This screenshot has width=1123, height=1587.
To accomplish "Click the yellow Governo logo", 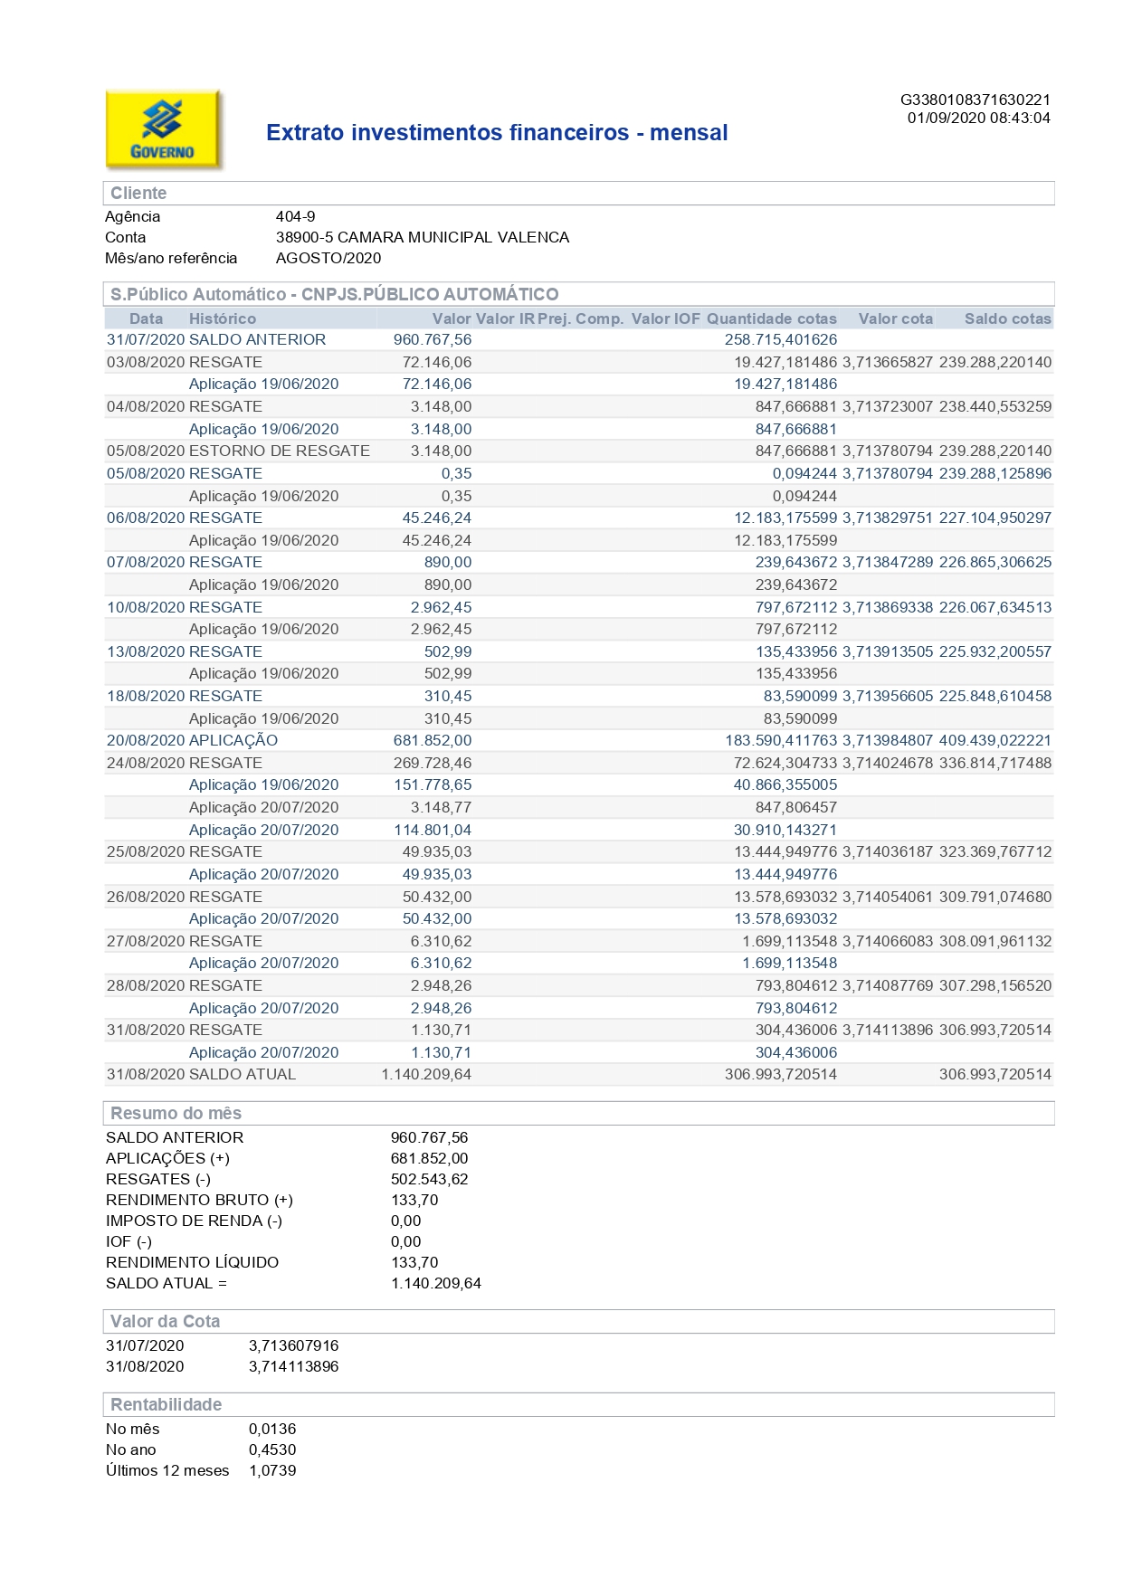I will click(163, 129).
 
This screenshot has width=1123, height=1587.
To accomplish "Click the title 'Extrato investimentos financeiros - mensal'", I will click(497, 133).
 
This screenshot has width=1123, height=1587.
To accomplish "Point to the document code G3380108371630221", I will click(975, 100).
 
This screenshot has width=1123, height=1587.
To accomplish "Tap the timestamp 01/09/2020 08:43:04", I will click(978, 118).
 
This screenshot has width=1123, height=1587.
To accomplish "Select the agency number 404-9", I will click(295, 216).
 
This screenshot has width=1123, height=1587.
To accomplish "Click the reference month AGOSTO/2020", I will click(328, 258).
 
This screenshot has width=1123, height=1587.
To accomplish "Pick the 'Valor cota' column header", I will click(895, 318).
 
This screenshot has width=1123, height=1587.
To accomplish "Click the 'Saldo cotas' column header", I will click(1007, 318).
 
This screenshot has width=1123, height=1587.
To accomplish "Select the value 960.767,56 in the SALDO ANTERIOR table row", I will click(433, 339).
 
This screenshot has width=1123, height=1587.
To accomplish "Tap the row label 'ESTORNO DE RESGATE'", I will click(279, 451).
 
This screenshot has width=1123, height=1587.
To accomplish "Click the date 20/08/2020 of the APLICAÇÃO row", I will click(145, 740).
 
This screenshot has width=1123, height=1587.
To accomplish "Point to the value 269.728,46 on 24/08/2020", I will click(433, 763).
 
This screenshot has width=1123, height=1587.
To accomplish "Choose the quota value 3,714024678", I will click(887, 763).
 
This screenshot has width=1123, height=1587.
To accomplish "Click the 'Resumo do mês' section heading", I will click(176, 1113).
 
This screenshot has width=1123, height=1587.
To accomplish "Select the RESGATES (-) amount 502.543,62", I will click(429, 1179).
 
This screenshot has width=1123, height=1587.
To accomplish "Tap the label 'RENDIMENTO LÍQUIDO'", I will click(192, 1262).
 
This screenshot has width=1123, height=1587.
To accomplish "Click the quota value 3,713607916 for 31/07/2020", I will click(293, 1345).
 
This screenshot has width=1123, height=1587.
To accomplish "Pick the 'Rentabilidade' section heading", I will click(166, 1404).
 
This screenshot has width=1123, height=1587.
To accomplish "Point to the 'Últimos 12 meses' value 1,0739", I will click(272, 1470).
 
